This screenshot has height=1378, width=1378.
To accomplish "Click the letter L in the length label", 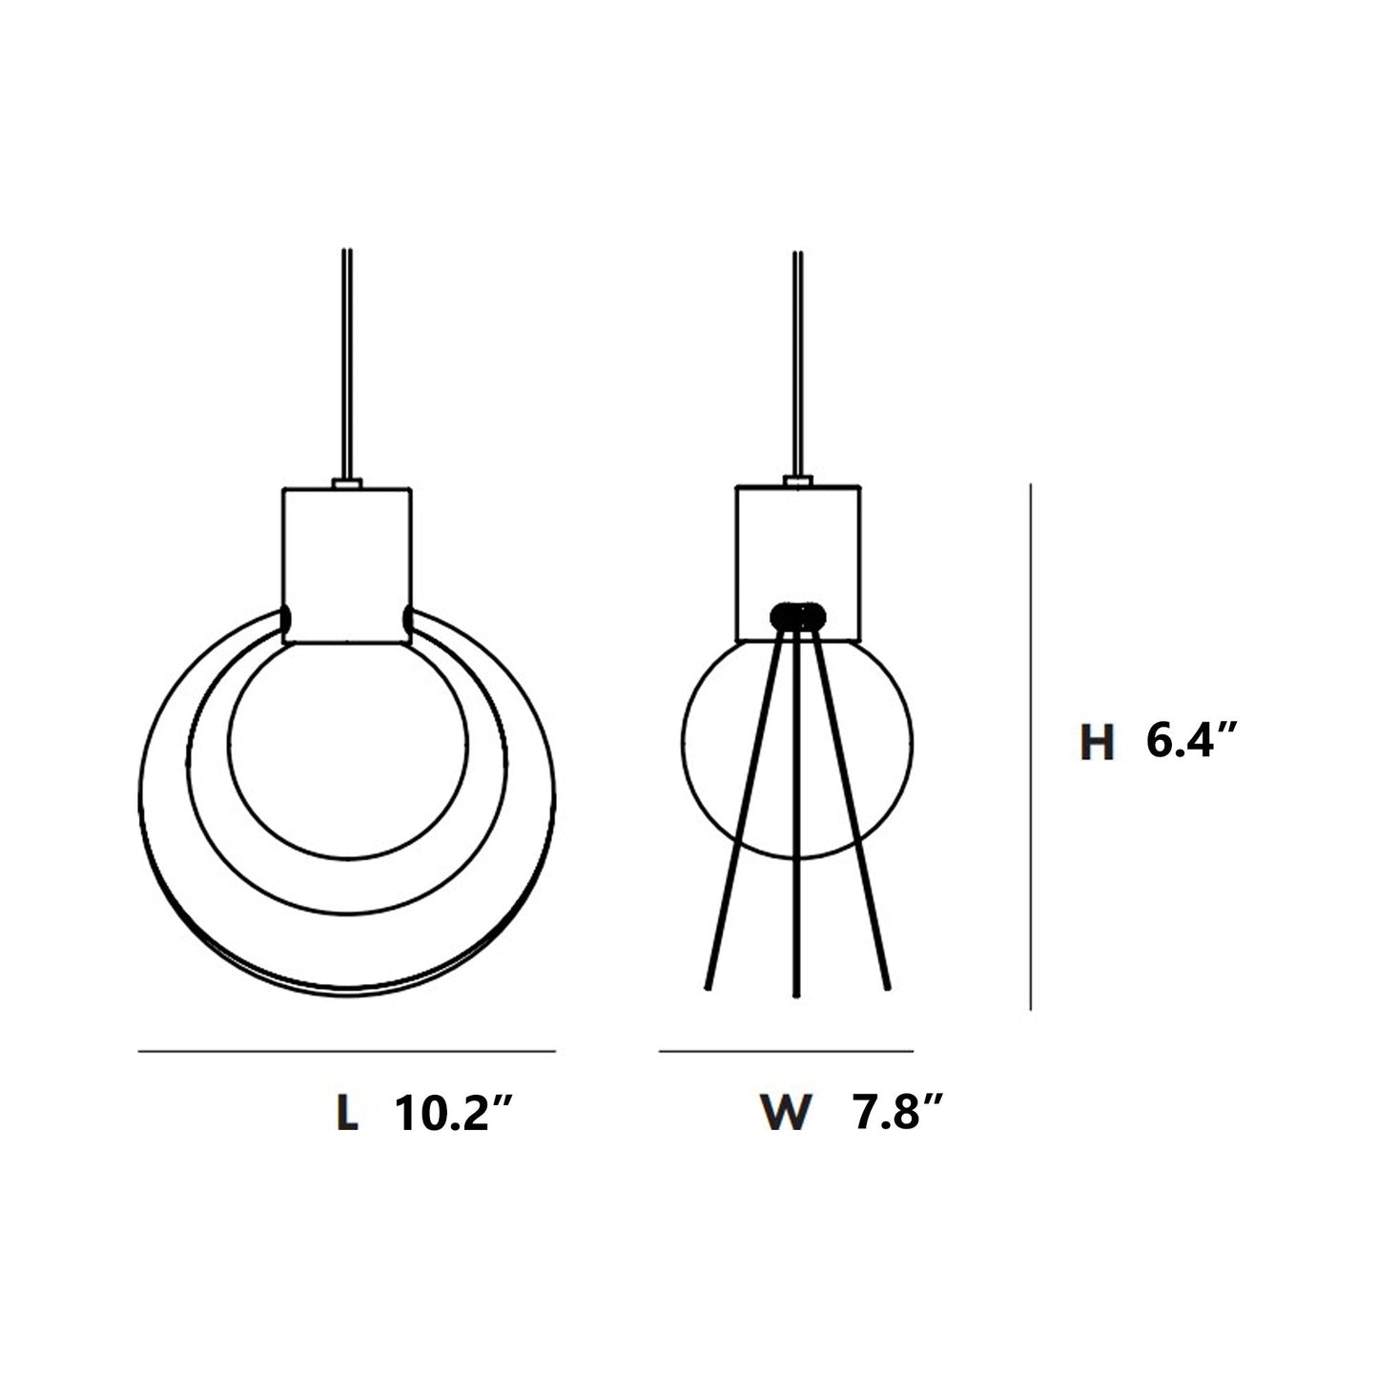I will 348,1113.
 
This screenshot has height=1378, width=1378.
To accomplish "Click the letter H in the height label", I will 1098,744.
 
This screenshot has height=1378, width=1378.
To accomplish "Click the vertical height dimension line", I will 1031,744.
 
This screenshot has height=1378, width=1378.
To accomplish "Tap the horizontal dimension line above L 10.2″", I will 347,1052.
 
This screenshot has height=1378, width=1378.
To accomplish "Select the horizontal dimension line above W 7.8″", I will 786,1052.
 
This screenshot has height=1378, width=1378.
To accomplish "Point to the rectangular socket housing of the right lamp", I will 799,544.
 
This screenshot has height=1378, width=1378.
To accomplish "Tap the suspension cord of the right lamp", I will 795,362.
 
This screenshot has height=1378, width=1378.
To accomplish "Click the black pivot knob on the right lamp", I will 798,614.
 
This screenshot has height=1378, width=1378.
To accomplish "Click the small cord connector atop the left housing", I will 347,484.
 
